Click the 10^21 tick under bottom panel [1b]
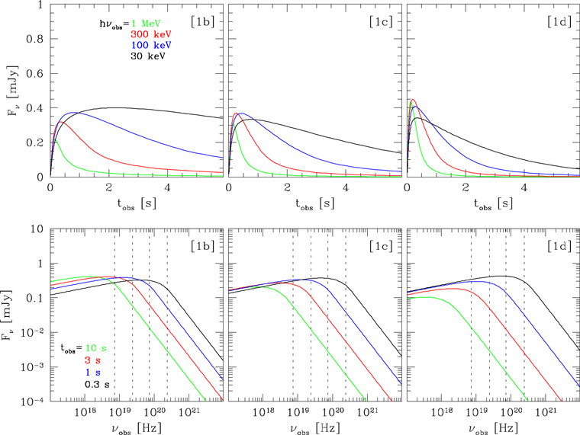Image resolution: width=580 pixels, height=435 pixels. pos(188,413)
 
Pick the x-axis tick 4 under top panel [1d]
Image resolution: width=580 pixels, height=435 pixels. pos(524,187)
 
